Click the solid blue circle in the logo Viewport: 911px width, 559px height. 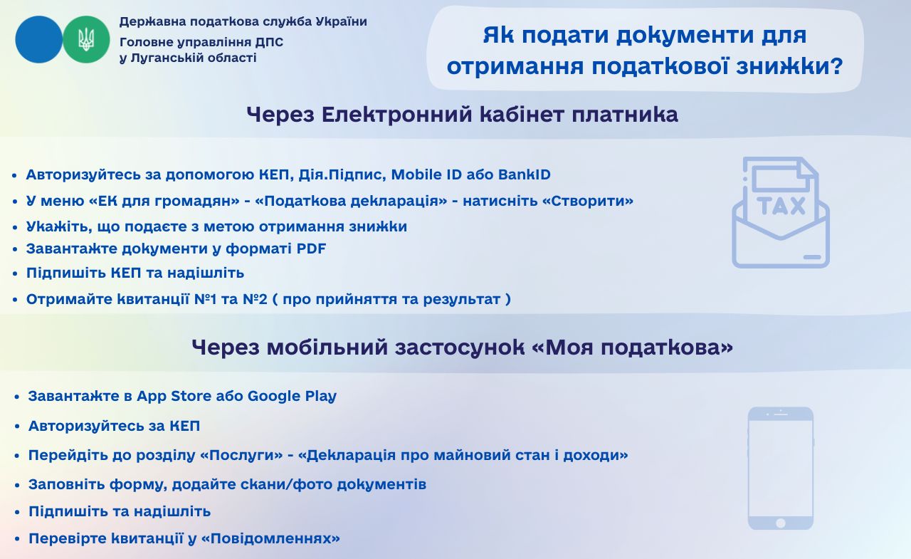[39, 39]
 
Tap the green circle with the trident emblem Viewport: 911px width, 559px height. [86, 39]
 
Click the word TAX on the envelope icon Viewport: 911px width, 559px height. [781, 206]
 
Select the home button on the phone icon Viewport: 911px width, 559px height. [781, 523]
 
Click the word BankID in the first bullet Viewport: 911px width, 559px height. [525, 174]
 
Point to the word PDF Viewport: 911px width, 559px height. [311, 249]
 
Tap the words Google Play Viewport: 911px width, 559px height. [292, 396]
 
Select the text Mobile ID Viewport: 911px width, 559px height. [426, 174]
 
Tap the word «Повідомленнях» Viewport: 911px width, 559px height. [270, 538]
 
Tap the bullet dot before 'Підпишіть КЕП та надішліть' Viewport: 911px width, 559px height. [15, 273]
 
